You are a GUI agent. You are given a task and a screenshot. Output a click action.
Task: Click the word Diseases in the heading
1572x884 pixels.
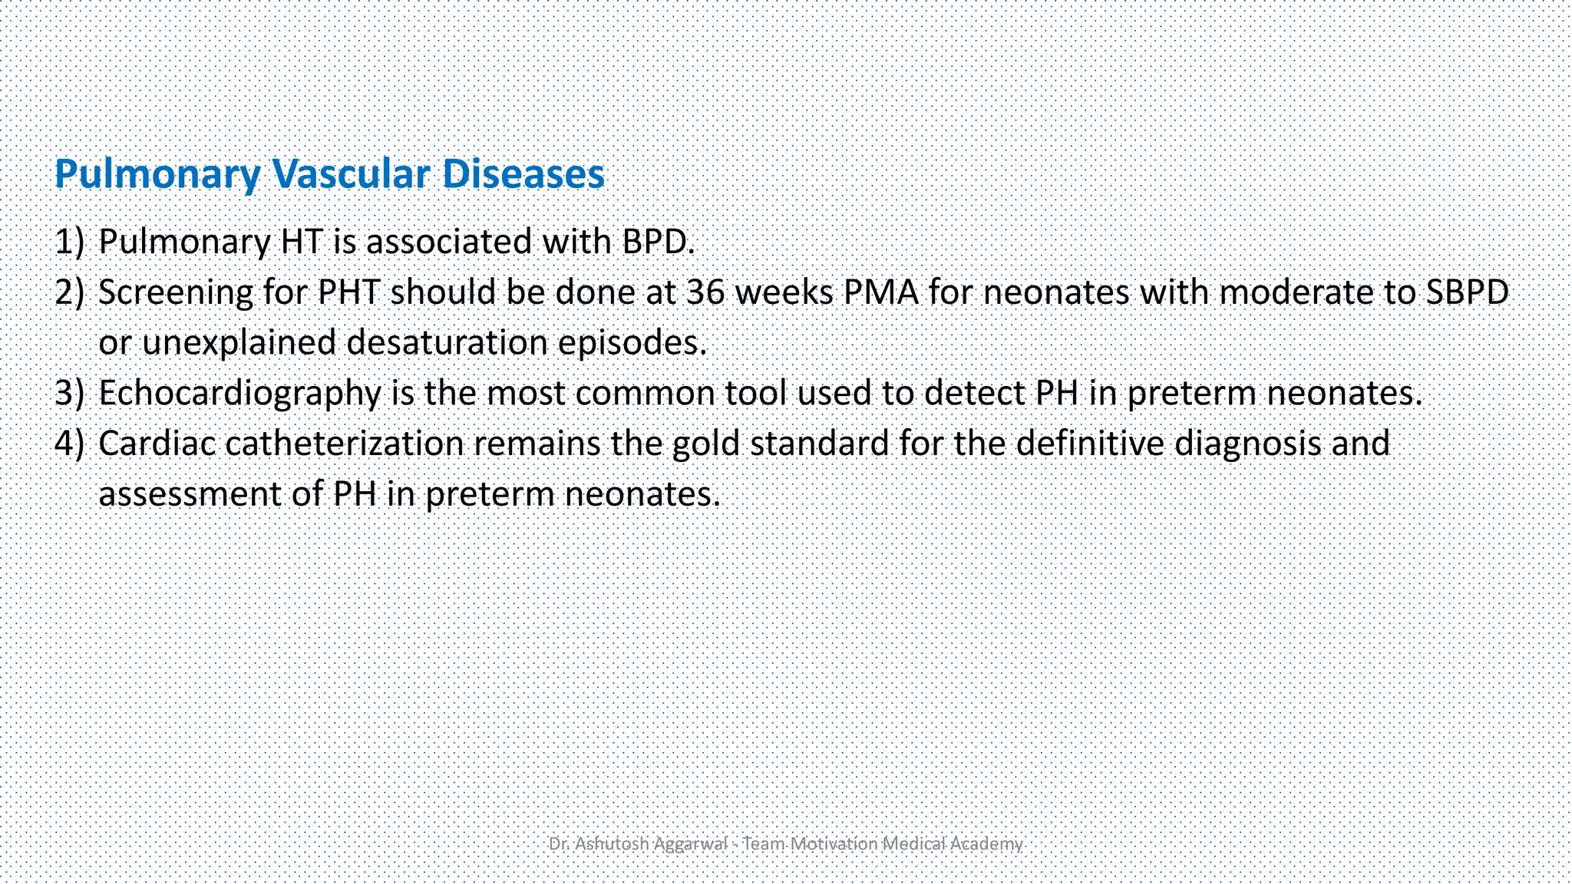523,173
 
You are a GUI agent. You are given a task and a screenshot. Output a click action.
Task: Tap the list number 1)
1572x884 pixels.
69,242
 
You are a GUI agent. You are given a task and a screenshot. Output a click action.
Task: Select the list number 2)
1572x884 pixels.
69,292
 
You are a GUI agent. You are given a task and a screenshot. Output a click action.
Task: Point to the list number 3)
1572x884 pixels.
69,393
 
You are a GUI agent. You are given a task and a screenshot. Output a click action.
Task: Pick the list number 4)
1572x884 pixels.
69,444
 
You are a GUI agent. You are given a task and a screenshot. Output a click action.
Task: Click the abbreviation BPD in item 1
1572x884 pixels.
657,242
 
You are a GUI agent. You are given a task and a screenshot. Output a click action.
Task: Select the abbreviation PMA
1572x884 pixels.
881,292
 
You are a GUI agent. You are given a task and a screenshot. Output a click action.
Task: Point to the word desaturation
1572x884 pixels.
447,342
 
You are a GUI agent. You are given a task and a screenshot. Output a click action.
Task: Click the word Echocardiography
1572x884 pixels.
239,394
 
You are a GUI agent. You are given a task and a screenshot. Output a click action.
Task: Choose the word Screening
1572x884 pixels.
176,293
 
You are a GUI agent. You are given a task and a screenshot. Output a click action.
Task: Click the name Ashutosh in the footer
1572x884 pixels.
612,844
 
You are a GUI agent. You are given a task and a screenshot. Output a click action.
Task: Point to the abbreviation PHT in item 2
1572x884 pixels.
348,292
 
